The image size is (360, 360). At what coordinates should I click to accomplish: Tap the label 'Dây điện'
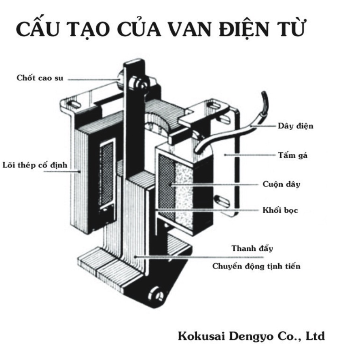[295, 126]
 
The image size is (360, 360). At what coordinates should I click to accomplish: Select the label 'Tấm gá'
[292, 155]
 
